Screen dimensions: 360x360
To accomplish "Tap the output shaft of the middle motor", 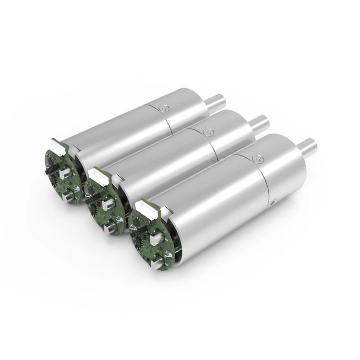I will [258, 123].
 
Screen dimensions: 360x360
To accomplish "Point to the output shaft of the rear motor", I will [215, 103].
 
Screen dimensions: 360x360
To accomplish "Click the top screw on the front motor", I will [259, 157].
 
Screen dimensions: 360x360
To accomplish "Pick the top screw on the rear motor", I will [166, 109].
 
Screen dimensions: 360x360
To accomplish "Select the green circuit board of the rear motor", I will [62, 178].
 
